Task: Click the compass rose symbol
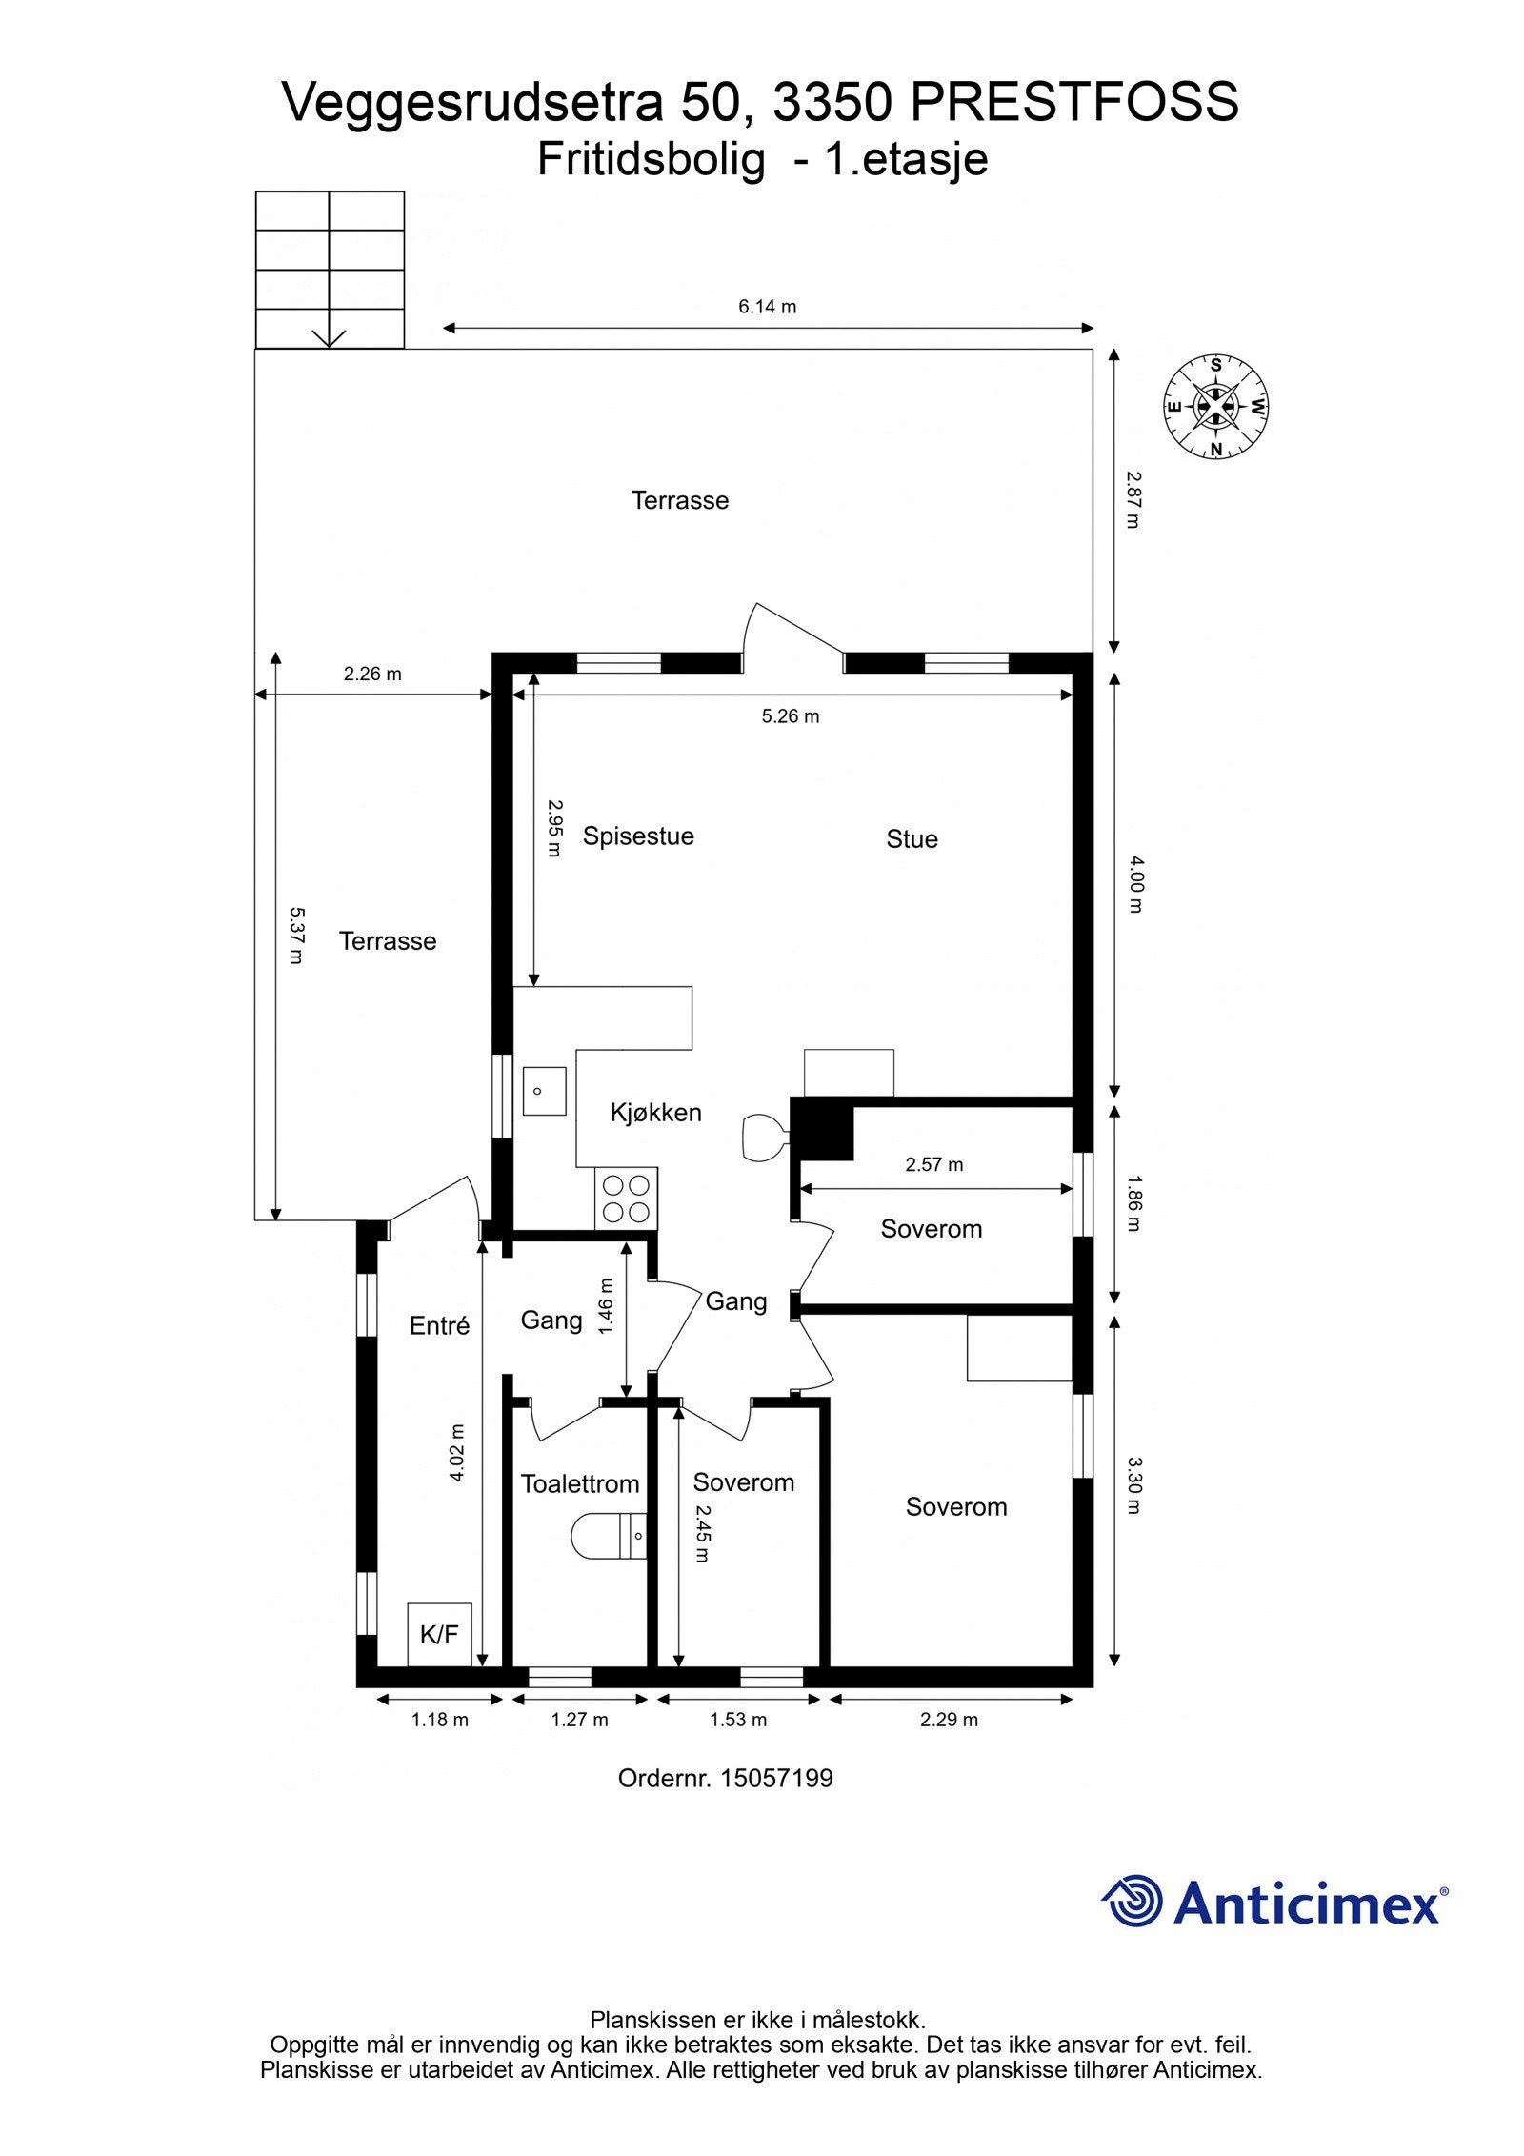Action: [x=1215, y=407]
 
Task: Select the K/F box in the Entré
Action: [x=439, y=1635]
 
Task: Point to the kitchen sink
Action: [x=544, y=1091]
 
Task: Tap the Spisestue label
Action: [x=638, y=836]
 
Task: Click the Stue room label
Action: [x=912, y=839]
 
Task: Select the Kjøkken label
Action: [x=655, y=1113]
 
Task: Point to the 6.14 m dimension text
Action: [x=767, y=307]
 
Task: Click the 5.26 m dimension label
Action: [x=790, y=716]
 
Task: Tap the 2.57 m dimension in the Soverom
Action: [x=933, y=1164]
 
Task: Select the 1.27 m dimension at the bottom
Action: [x=579, y=1720]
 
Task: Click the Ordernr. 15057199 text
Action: [x=725, y=1779]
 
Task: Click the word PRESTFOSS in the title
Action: [x=1074, y=103]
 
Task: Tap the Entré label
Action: [x=439, y=1325]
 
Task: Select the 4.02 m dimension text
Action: [x=457, y=1453]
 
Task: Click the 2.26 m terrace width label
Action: [x=372, y=675]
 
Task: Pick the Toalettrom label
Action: [x=579, y=1484]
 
